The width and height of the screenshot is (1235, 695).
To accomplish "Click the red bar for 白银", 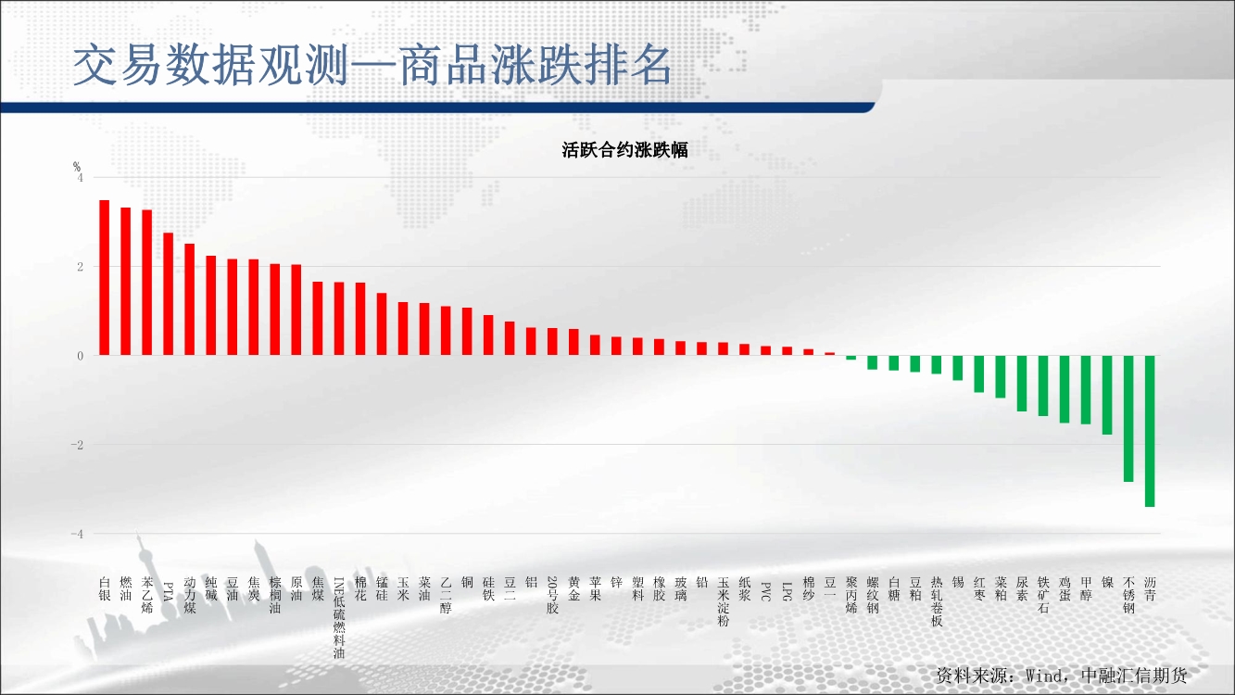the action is [104, 277].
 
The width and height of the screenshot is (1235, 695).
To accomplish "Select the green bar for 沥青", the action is [1150, 431].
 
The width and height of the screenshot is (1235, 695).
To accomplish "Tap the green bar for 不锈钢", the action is [1128, 419].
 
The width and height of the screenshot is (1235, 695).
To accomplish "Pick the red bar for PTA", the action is [169, 294].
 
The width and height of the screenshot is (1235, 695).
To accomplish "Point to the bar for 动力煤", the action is [190, 299].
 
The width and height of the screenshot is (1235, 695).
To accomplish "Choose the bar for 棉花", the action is [360, 319].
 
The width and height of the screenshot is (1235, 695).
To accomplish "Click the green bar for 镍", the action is [1107, 395].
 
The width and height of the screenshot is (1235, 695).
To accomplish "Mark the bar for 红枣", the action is [979, 374].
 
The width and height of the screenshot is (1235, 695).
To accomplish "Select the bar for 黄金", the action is [573, 342].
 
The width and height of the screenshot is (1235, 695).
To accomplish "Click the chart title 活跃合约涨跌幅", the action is [624, 150].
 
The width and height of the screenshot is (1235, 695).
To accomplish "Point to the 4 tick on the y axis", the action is [81, 178].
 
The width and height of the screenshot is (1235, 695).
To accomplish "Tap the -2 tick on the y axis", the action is [77, 445].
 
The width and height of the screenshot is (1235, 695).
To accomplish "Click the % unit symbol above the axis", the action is [77, 167].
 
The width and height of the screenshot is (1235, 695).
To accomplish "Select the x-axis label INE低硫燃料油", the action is [339, 618].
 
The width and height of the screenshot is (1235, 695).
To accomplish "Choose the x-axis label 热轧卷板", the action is [937, 601].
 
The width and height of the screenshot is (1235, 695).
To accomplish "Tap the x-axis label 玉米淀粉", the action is [724, 601].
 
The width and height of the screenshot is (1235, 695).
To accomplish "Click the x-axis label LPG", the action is [788, 591].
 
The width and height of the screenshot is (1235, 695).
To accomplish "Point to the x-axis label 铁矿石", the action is [1043, 595].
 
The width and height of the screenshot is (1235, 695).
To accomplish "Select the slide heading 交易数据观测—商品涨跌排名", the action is [372, 65].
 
